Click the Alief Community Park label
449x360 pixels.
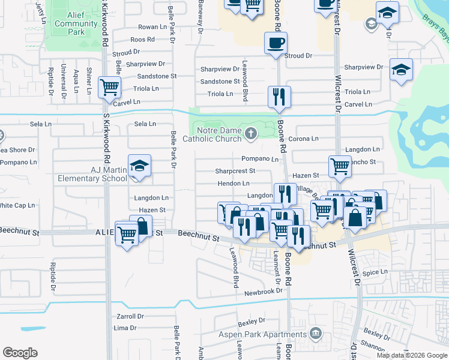(76, 24)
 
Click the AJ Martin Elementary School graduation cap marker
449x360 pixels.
(139, 166)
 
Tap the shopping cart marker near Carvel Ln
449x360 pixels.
(110, 88)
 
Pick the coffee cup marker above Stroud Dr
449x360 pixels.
(276, 43)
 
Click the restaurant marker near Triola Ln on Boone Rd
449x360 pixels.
(279, 97)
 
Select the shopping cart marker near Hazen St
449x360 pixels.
(340, 166)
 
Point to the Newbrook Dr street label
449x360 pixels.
(263, 292)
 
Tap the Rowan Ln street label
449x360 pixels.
(152, 27)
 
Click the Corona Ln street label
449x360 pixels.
(303, 139)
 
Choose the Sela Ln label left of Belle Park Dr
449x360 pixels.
(145, 124)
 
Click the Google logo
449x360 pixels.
(20, 353)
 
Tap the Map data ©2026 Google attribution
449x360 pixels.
(411, 355)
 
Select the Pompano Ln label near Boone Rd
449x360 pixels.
(260, 159)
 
